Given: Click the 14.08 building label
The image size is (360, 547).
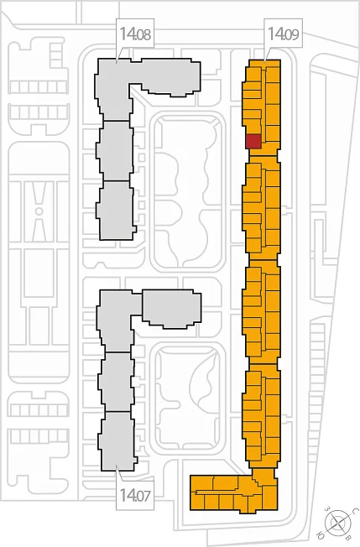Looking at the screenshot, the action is (135, 34).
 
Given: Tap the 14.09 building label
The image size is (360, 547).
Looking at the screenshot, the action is (284, 34).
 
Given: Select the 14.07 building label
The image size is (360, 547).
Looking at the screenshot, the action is (135, 495).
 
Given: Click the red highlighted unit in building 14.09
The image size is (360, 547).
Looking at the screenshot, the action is (253, 141).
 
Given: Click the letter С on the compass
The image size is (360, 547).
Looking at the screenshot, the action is (354, 511).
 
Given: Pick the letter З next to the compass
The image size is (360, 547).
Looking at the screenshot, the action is (327, 508).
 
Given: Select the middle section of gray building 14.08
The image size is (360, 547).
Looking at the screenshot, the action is (115, 151).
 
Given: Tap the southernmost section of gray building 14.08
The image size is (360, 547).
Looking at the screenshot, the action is (116, 210).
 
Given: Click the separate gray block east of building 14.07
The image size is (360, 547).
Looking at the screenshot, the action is (172, 309).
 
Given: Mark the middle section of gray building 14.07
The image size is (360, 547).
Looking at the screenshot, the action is (116, 382).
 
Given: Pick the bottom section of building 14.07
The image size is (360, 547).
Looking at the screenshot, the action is (117, 441).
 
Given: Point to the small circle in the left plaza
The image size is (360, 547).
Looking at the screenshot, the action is (39, 211).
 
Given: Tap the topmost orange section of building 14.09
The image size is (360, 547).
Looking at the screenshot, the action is (262, 106).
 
